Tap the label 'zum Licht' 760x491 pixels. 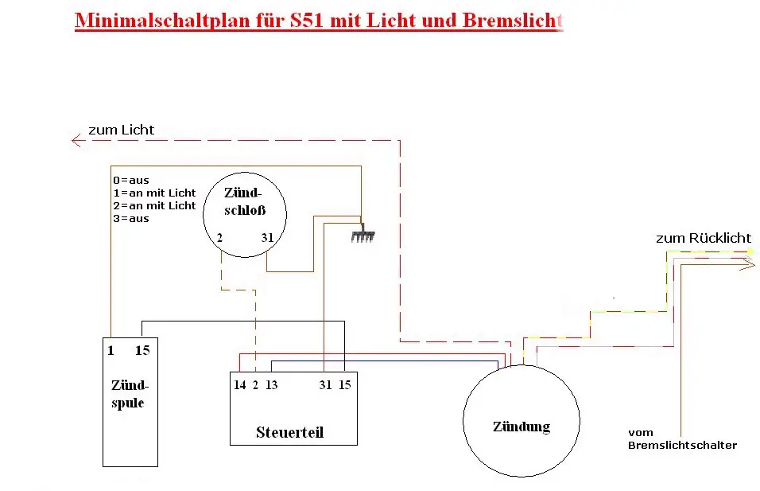pyautogui.click(x=121, y=130)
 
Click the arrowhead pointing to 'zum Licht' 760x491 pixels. pyautogui.click(x=77, y=141)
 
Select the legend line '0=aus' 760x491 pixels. pyautogui.click(x=130, y=181)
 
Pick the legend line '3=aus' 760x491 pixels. pyautogui.click(x=130, y=218)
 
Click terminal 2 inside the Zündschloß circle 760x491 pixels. pyautogui.click(x=219, y=237)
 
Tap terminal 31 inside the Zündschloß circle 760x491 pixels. pyautogui.click(x=268, y=237)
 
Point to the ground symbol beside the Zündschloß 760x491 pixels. pyautogui.click(x=362, y=236)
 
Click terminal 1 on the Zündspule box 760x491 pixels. pyautogui.click(x=111, y=350)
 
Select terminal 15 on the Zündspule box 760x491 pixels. pyautogui.click(x=142, y=350)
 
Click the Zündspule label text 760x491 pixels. pyautogui.click(x=129, y=394)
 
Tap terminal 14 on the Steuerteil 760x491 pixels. pyautogui.click(x=239, y=385)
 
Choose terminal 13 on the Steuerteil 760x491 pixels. pyautogui.click(x=272, y=385)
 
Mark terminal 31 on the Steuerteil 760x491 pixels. pyautogui.click(x=324, y=385)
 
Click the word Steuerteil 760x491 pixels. pyautogui.click(x=289, y=433)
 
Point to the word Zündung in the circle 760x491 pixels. pyautogui.click(x=521, y=427)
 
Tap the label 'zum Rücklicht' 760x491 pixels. pyautogui.click(x=703, y=238)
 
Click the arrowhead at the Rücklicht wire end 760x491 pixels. pyautogui.click(x=747, y=265)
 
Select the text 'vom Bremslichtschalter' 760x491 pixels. pyautogui.click(x=681, y=438)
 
